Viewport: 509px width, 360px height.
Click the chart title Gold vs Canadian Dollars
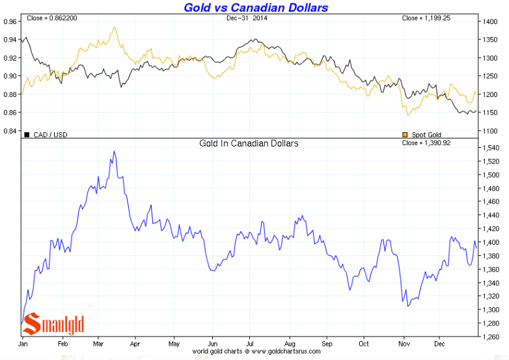[x=256, y=8]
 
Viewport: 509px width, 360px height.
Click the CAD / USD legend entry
[x=46, y=135]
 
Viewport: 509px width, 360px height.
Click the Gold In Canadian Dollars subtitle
[x=249, y=143]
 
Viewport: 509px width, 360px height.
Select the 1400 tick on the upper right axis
[x=490, y=21]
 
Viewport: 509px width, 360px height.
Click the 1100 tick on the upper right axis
[x=490, y=131]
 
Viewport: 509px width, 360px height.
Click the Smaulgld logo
[x=55, y=323]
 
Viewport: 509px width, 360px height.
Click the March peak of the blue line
[x=115, y=152]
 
